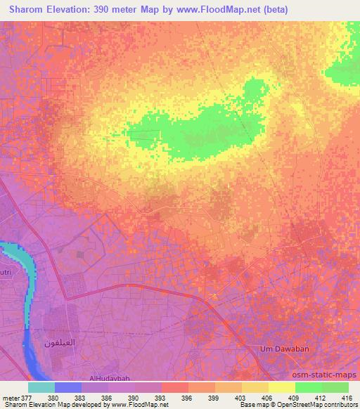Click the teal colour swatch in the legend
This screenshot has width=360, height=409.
coord(41,387)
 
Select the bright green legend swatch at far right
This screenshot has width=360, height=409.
coord(335,387)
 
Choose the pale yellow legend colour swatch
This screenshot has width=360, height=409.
coord(282,387)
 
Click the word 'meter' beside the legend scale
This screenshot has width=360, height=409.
coord(11,397)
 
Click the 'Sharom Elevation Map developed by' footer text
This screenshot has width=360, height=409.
coord(56,405)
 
